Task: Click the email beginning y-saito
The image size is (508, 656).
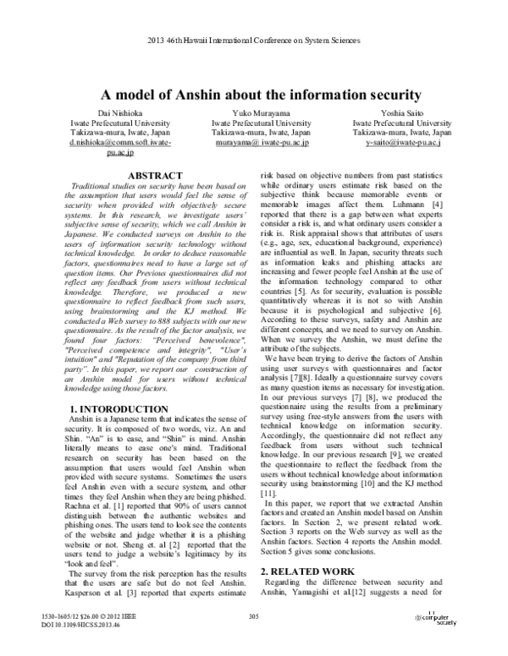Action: tap(402, 144)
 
